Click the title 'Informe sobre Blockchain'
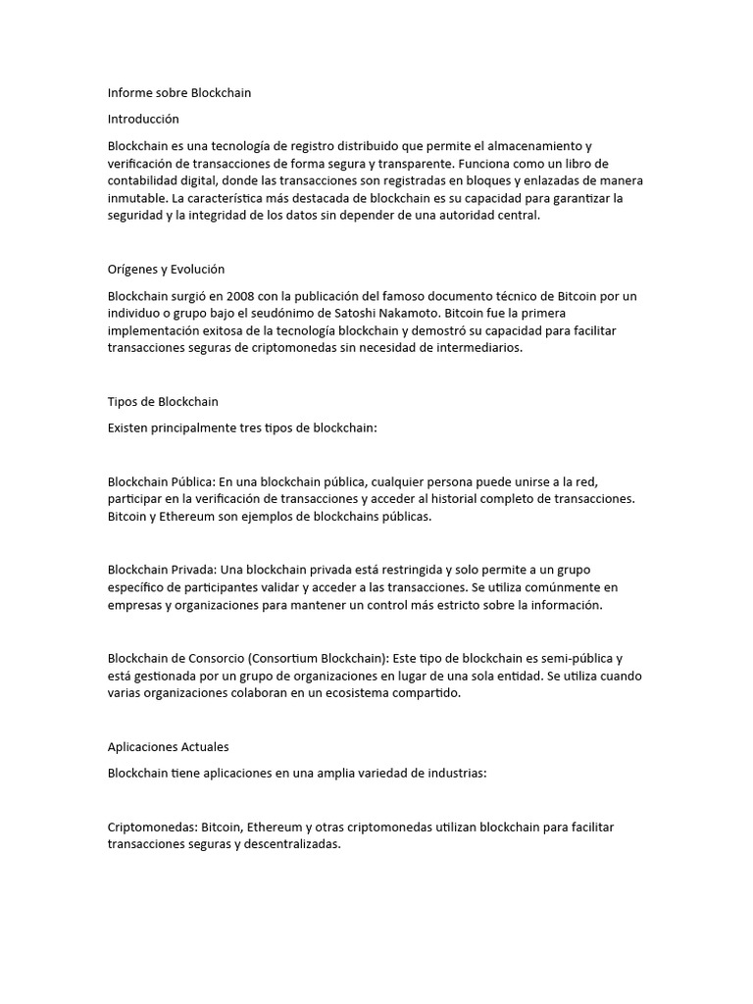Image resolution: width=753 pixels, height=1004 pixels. click(179, 93)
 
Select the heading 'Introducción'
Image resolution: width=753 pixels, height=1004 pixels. click(143, 119)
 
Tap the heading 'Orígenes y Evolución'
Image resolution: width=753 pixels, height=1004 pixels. click(166, 269)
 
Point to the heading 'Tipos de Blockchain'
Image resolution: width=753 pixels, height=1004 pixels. click(163, 402)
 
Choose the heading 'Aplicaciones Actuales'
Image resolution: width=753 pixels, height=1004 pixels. click(168, 747)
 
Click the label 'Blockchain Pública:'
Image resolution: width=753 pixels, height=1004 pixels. click(161, 481)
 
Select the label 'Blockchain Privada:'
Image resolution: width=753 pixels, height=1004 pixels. click(162, 570)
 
